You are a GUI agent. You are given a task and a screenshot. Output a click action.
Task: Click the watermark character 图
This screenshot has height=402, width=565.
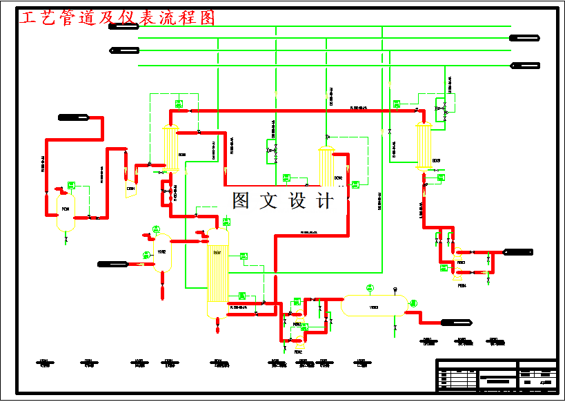tap(241, 201)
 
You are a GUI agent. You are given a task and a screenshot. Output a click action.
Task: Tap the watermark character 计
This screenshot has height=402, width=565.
tap(324, 201)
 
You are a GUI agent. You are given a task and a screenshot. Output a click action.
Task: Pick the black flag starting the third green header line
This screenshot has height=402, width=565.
tap(124, 50)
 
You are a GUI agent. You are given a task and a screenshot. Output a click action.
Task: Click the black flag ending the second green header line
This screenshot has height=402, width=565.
tap(524, 38)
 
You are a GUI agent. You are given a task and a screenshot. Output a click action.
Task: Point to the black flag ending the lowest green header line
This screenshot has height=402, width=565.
tap(525, 66)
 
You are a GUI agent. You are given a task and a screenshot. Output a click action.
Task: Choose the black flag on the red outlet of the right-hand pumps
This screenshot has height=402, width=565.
tap(517, 251)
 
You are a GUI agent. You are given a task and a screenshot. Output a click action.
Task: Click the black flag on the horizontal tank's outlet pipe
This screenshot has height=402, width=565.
tap(456, 322)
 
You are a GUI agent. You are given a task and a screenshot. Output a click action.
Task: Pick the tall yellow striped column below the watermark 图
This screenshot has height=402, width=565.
tap(217, 273)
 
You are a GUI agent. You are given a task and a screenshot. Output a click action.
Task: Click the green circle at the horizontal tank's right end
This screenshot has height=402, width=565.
tap(414, 303)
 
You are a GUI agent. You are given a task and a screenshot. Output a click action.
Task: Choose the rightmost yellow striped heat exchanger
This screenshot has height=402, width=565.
tap(423, 146)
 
